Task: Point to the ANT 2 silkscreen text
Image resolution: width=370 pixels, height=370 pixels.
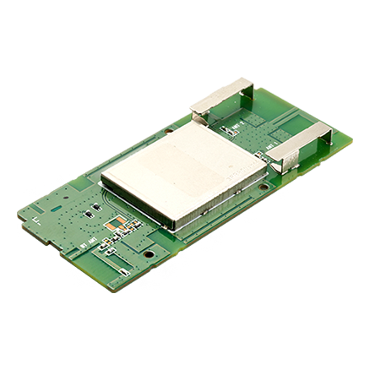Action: [237, 127]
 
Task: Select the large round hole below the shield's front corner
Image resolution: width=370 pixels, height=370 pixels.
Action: [149, 252]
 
